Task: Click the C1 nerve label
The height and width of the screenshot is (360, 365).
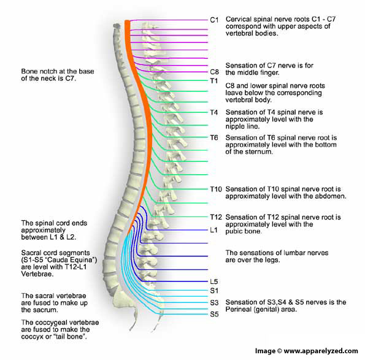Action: [x=214, y=20]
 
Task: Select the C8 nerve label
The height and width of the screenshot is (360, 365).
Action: [x=214, y=72]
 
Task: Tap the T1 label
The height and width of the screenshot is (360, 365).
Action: [x=213, y=80]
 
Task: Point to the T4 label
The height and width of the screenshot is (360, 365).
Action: [x=213, y=113]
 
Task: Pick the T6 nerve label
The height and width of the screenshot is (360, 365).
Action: [x=213, y=137]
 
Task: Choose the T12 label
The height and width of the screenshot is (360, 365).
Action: [x=215, y=217]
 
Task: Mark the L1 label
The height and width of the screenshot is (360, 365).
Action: [x=213, y=230]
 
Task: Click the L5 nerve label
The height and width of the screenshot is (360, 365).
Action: [x=213, y=281]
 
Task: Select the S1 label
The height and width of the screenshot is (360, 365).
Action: [x=213, y=290]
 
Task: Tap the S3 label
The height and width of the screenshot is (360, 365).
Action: [x=213, y=302]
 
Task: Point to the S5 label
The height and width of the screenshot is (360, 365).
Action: [x=213, y=315]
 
